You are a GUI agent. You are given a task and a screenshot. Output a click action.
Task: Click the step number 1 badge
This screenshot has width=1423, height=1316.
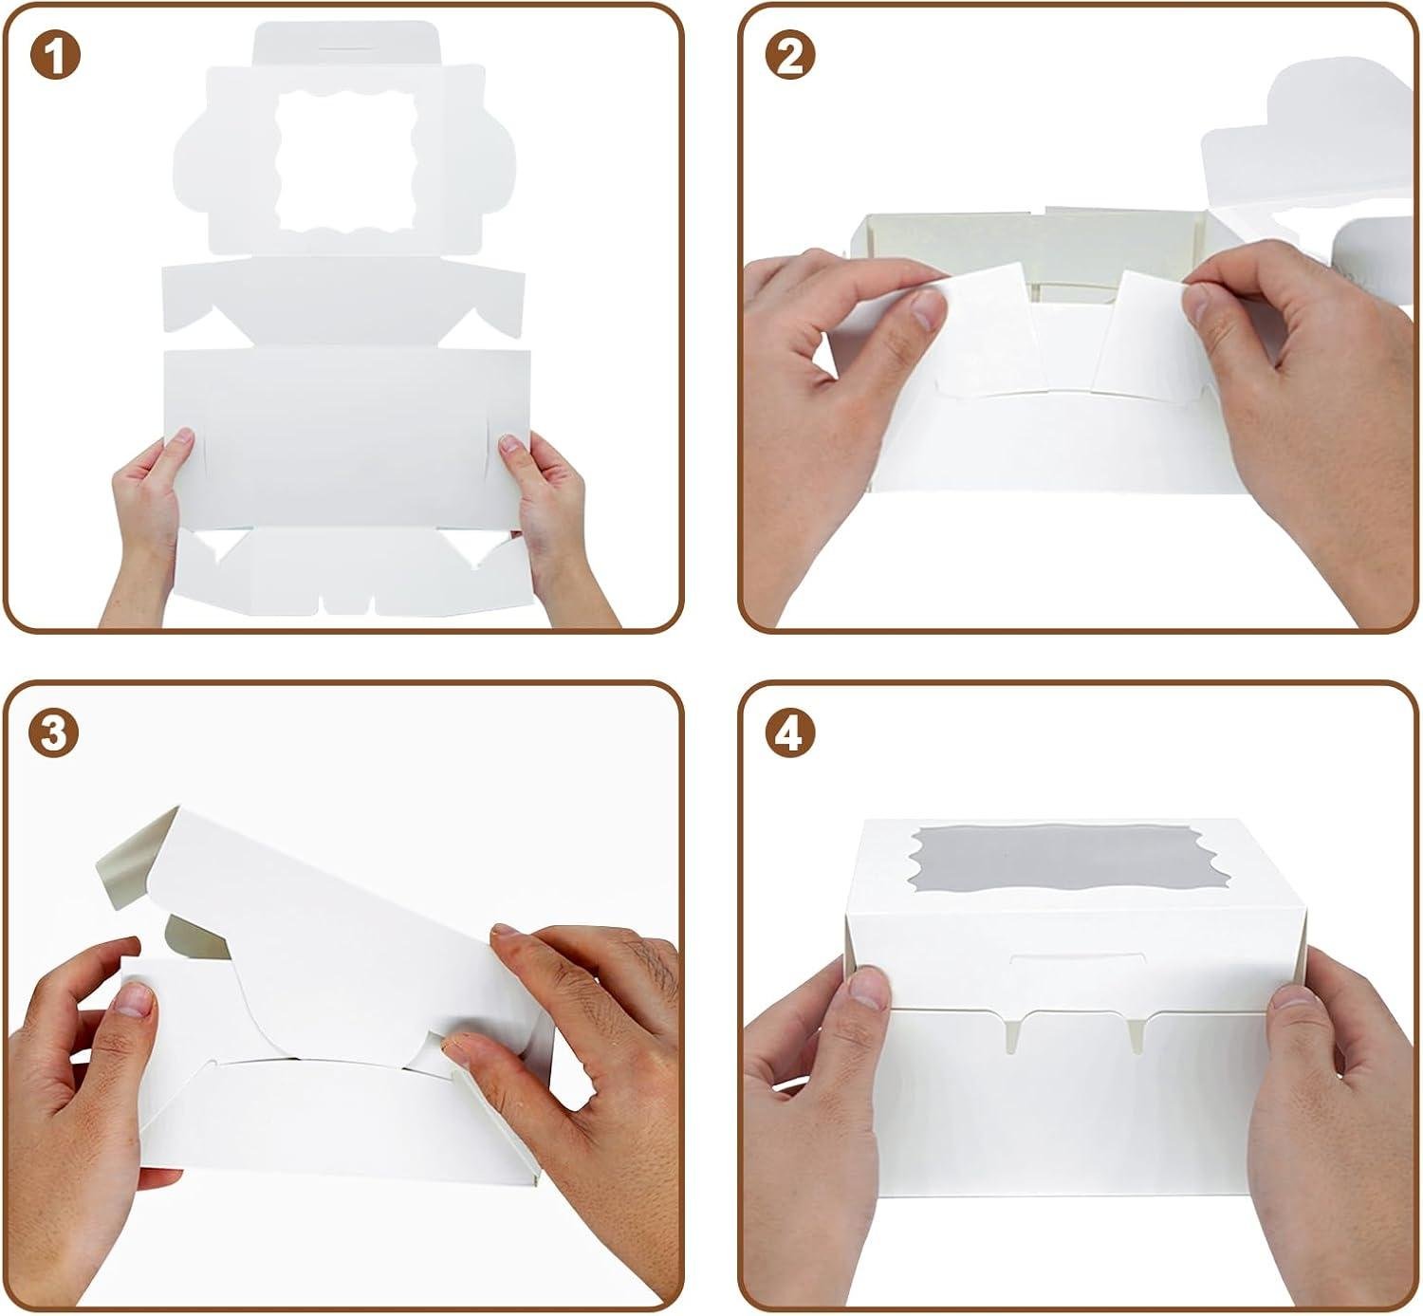tap(55, 57)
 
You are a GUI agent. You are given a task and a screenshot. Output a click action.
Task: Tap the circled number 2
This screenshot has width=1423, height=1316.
tap(789, 57)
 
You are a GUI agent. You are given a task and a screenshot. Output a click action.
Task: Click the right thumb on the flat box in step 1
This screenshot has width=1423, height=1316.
tap(513, 444)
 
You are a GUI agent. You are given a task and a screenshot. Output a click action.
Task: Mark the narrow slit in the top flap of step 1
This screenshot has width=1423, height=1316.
tap(346, 44)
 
